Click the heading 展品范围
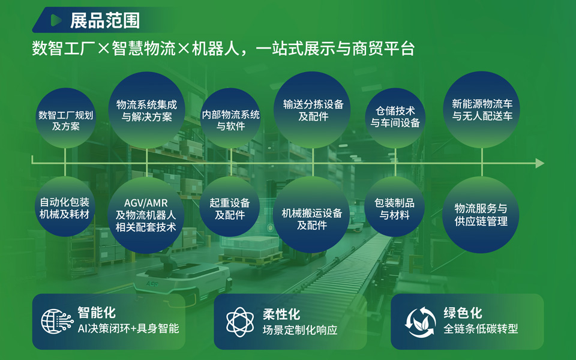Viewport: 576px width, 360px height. coord(105,20)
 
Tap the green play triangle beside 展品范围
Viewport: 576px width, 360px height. coord(56,20)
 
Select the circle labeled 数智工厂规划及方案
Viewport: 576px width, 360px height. coord(66,118)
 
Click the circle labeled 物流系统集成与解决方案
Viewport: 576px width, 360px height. coord(146,110)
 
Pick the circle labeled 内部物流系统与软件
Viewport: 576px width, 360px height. coord(230,118)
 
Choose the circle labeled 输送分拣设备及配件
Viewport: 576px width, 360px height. coord(313,110)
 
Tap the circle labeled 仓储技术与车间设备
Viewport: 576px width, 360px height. coord(395,118)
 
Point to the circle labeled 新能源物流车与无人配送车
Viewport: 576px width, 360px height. coord(482,110)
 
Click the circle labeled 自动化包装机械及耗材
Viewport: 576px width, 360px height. coord(65,206)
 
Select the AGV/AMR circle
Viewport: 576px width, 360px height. coord(146,215)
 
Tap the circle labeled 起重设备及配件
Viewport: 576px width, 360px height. coord(230,206)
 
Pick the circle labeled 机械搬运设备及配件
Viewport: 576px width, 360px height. coord(311,215)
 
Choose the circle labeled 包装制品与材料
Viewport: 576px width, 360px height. coord(395,206)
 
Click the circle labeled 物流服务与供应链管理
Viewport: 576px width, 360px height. coord(481,215)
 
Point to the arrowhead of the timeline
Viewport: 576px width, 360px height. coord(539,163)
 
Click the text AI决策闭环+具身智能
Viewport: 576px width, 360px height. coord(128,328)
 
